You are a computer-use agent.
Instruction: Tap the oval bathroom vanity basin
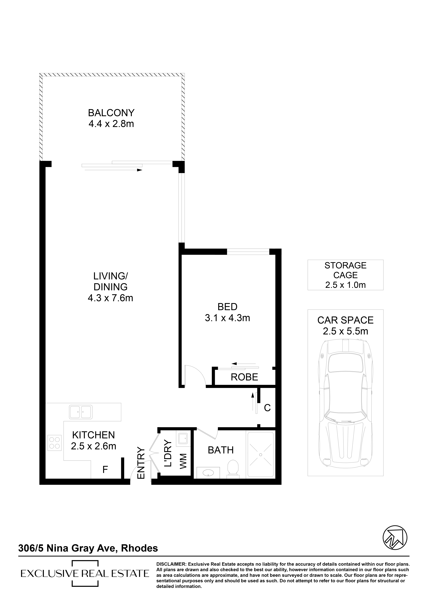(x=209, y=472)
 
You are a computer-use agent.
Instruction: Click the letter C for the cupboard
(x=267, y=408)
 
